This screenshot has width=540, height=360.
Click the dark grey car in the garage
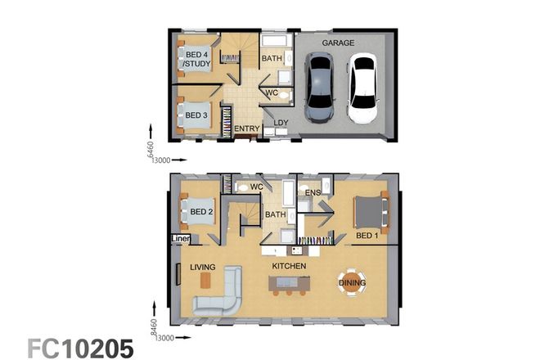coord(318,87)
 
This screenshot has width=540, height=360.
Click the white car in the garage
coord(362,88)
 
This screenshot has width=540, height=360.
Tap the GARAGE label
coord(337,42)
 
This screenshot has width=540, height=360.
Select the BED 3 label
coord(197,115)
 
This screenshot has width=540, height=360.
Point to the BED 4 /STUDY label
coord(196,58)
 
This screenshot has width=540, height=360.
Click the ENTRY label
coord(246,128)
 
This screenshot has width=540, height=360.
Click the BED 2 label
coord(201,213)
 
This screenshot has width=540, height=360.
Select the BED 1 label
coord(368,236)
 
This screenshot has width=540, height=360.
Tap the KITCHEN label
coord(289,267)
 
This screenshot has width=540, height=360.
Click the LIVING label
coord(203,267)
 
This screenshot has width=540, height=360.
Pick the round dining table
coord(353,282)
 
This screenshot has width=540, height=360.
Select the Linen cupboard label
coord(180,239)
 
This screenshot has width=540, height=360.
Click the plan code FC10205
coord(80,347)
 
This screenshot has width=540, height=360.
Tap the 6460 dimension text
coord(151,142)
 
